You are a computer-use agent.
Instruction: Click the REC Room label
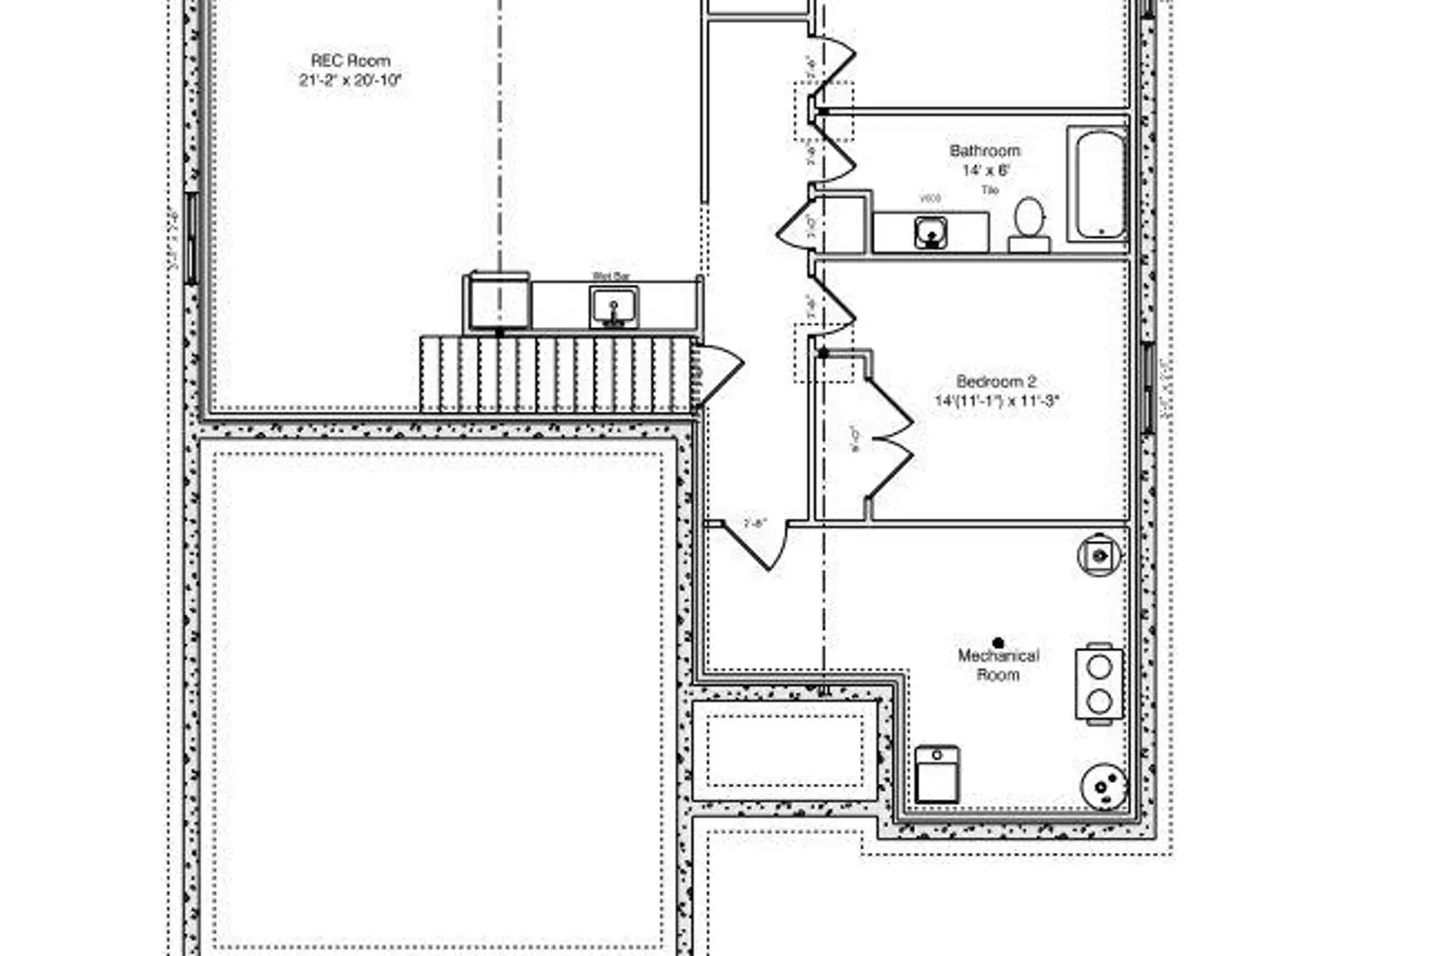tap(350, 60)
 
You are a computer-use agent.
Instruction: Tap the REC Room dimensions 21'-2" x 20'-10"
tap(350, 80)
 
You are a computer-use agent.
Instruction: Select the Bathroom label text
tap(984, 151)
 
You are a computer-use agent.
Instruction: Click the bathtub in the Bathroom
tap(1098, 184)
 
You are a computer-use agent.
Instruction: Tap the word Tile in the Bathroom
tap(989, 190)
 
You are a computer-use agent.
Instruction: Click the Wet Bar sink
tap(612, 308)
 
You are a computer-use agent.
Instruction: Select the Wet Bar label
tap(612, 276)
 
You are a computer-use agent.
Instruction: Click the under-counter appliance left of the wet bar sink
tap(497, 302)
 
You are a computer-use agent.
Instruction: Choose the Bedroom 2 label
tap(995, 381)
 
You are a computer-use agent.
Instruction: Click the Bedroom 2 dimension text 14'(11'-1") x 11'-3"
tap(997, 402)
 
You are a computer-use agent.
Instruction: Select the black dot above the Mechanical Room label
tap(998, 643)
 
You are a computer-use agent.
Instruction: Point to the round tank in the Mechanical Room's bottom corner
tap(1104, 787)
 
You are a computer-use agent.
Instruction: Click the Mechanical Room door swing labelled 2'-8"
tap(755, 543)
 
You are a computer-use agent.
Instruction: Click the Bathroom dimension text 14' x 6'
tap(985, 170)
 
